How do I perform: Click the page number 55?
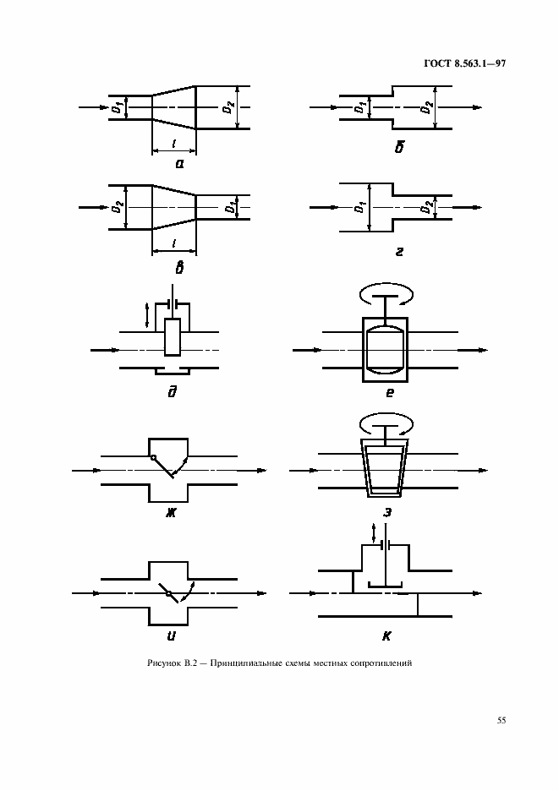pos(501,720)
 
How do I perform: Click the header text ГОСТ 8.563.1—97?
pos(464,63)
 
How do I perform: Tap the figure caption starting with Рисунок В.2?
pos(279,663)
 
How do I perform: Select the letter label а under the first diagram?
pos(179,163)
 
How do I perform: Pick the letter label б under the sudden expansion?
pos(399,147)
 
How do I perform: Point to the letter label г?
pos(399,251)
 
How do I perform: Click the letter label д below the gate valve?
pos(172,391)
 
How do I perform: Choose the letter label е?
pos(389,392)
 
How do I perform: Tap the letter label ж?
pos(171,514)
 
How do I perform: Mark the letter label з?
pos(387,513)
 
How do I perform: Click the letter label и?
pos(171,636)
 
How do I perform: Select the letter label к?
pos(386,636)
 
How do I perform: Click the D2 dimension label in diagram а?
pos(230,107)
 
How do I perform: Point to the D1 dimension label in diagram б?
pos(360,107)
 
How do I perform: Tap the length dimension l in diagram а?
pos(174,145)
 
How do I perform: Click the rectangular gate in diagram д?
pos(173,337)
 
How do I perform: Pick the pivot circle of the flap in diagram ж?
pos(152,457)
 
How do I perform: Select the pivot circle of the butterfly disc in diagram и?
pos(168,593)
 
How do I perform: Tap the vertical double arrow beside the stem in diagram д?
pos(147,314)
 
